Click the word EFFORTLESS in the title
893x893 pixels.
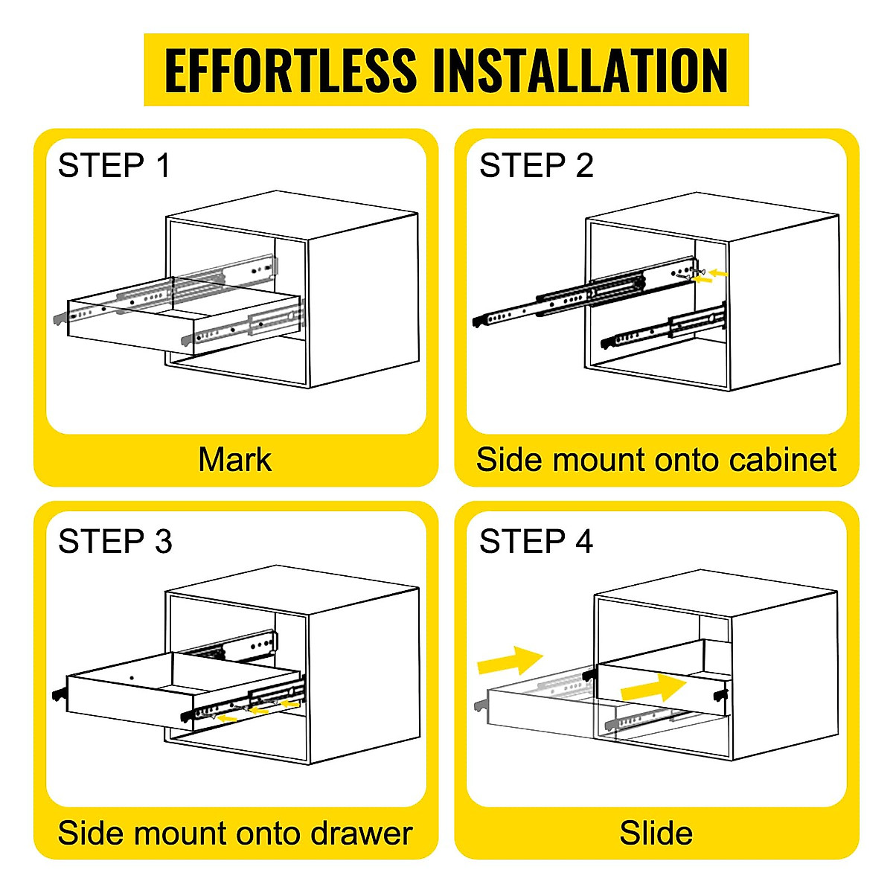coord(290,71)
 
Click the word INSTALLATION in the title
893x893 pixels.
coord(580,71)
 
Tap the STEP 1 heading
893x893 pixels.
coord(114,165)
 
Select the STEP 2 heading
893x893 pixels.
coord(536,165)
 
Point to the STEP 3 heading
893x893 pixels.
coord(115,541)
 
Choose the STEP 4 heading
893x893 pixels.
coord(536,541)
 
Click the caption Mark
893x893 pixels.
coord(234,460)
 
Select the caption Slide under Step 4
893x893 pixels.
coord(656,833)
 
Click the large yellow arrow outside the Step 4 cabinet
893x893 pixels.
coord(510,660)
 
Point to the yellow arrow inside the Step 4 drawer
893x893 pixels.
coord(653,688)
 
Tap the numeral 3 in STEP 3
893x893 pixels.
coord(163,541)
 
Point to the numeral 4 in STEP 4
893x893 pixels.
coord(583,541)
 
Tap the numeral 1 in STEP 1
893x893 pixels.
coord(163,165)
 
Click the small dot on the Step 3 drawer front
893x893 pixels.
coord(131,678)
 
